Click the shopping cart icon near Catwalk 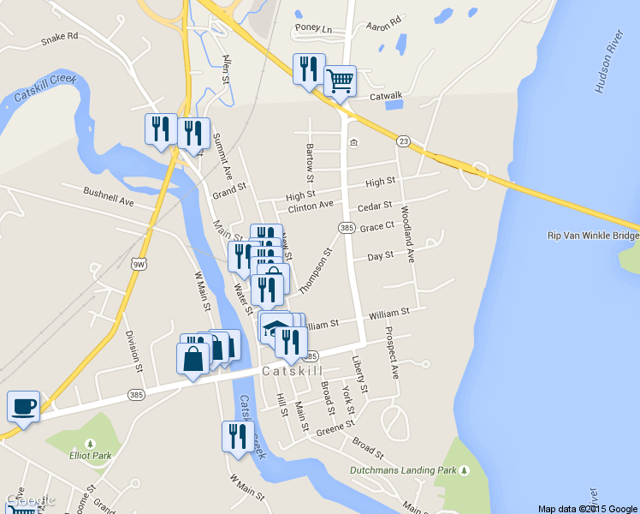341,81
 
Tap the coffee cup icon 23,405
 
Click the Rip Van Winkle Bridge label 592,236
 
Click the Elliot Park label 91,456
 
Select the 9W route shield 139,264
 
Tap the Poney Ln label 313,28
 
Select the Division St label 133,351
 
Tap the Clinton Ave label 311,206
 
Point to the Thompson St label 316,270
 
